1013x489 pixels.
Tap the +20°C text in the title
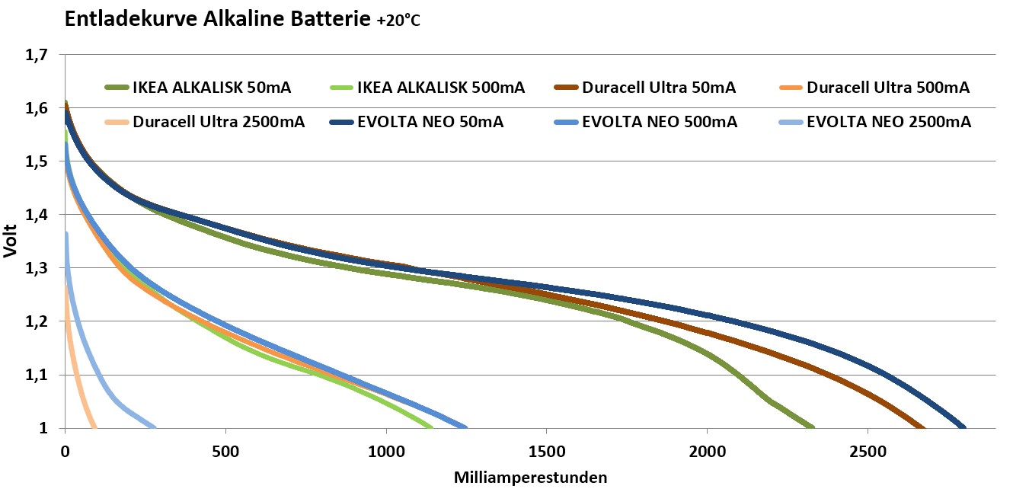click(x=398, y=21)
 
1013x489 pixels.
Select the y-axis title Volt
click(x=11, y=241)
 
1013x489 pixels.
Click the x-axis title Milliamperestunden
click(x=531, y=478)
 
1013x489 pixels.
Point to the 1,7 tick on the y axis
click(x=36, y=55)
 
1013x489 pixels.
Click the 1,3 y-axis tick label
click(x=36, y=268)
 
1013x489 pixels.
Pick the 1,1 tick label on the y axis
click(x=36, y=375)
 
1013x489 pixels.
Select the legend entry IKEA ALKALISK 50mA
click(x=198, y=88)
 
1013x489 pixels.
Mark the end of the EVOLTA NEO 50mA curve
click(x=963, y=427)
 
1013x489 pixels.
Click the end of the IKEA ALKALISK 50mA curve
click(x=812, y=427)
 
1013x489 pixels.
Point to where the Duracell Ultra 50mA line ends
click(x=923, y=427)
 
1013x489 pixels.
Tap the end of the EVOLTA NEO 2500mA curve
click(x=154, y=427)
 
